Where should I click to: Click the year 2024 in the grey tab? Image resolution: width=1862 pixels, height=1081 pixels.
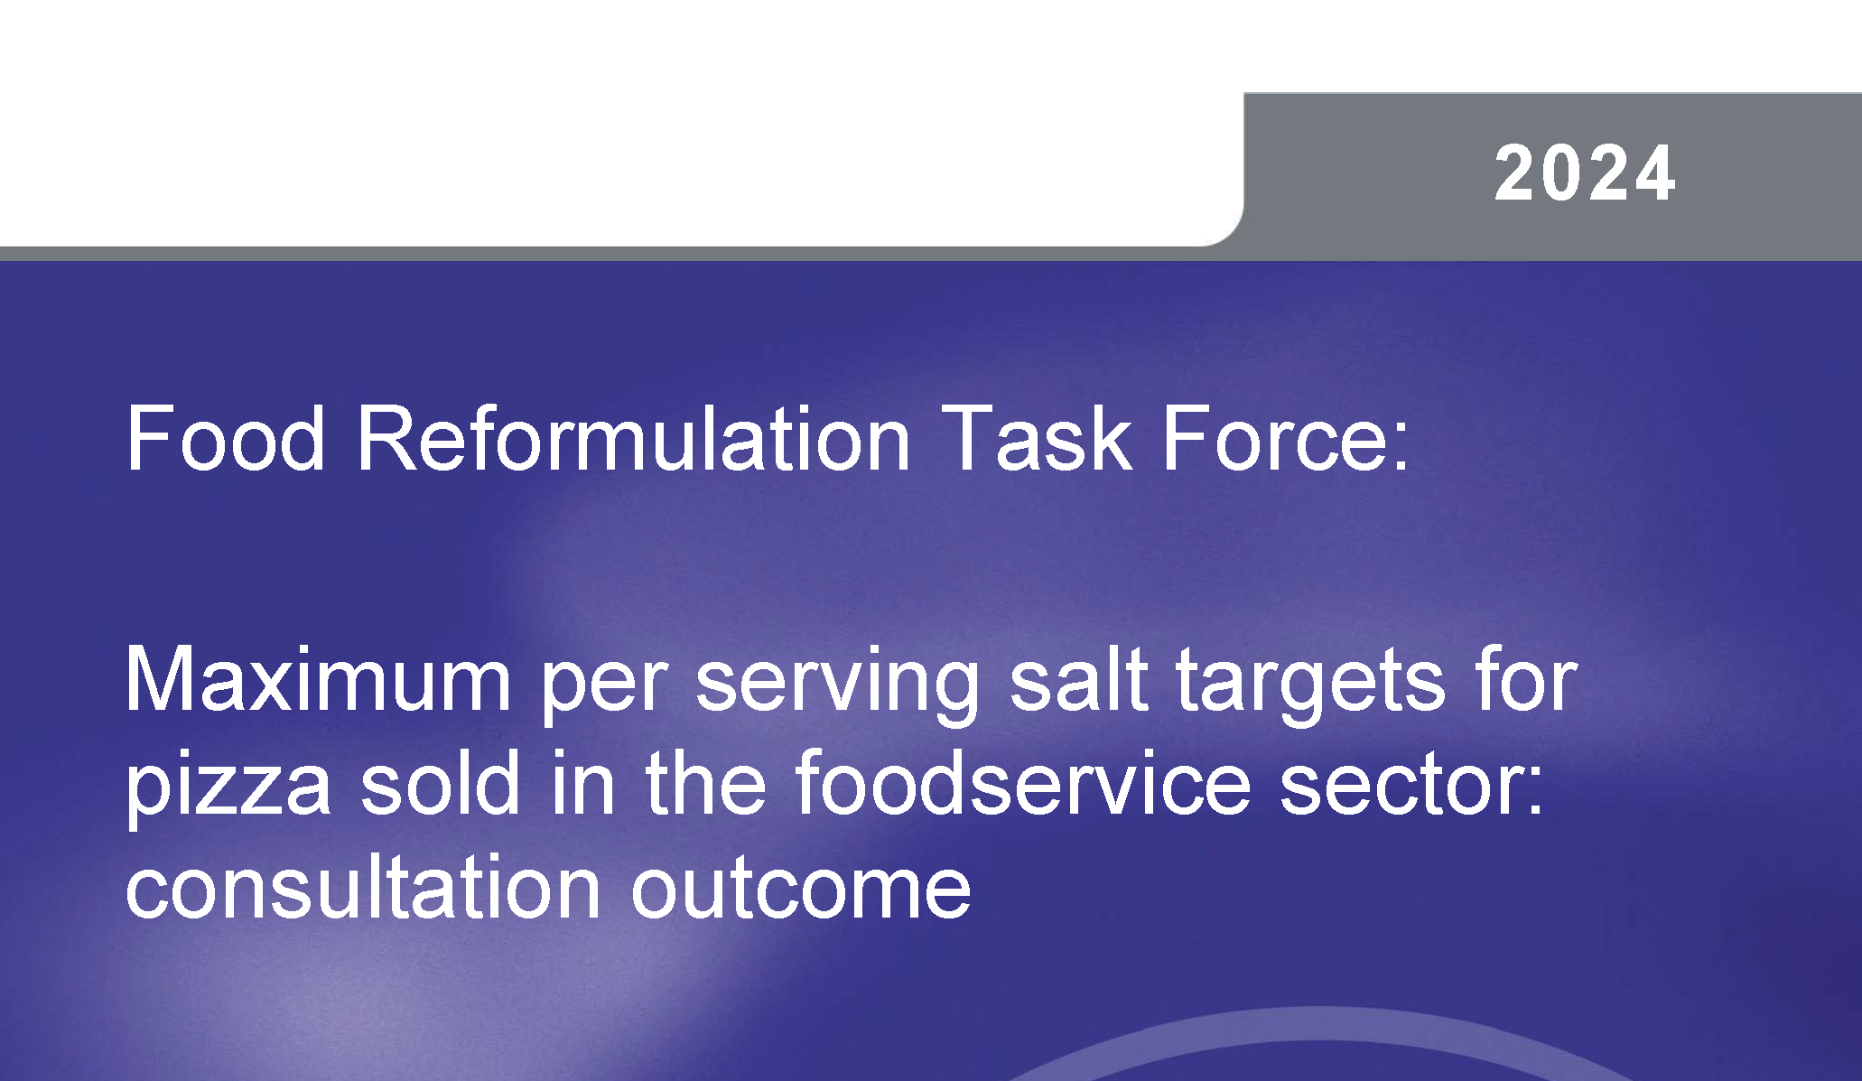[1585, 174]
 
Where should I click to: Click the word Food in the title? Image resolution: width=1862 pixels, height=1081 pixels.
[226, 439]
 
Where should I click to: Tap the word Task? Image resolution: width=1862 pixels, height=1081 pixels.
[1038, 439]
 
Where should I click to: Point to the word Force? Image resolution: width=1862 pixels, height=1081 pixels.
[1273, 439]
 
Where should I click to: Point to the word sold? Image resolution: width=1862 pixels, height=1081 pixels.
[441, 784]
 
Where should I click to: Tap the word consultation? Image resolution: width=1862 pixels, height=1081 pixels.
[363, 887]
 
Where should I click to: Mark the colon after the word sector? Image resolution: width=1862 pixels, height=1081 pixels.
[1534, 792]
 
